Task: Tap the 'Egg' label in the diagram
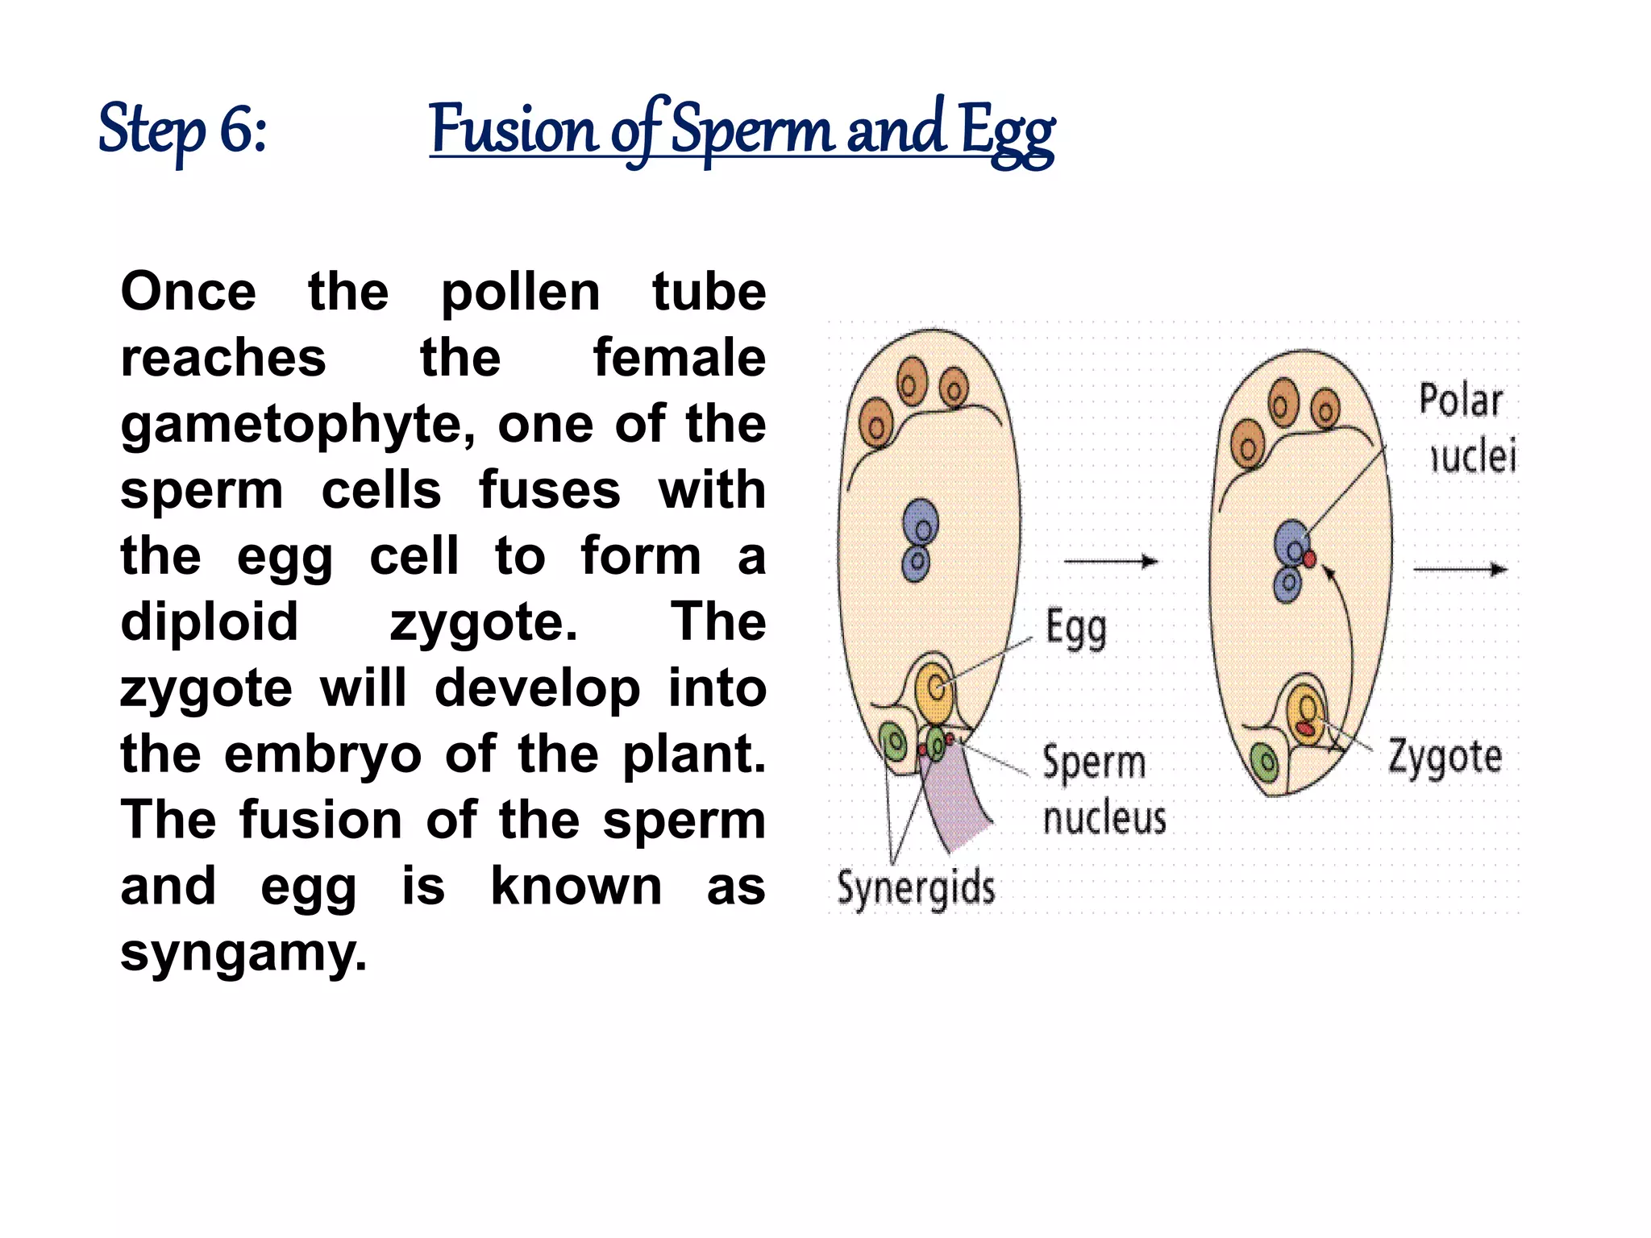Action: [x=1075, y=629]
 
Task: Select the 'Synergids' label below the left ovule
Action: [x=916, y=888]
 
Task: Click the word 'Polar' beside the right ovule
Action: [x=1461, y=401]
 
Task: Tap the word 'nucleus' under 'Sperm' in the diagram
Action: [x=1104, y=818]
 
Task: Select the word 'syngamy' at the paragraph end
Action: [x=242, y=953]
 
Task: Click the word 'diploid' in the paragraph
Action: [x=210, y=622]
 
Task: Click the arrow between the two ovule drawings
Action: [x=1111, y=561]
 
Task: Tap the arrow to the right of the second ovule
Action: [x=1460, y=569]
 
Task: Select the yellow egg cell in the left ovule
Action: [x=934, y=691]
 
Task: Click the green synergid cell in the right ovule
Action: [x=1264, y=762]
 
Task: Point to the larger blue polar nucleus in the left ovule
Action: [x=920, y=522]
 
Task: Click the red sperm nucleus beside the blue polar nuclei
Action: [x=1309, y=559]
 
